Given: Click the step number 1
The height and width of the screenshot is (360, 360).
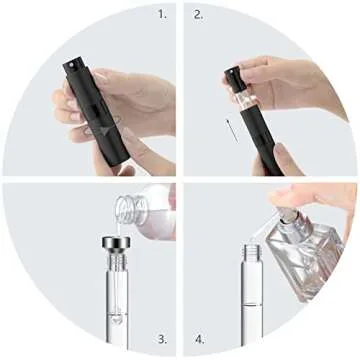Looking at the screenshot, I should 162,16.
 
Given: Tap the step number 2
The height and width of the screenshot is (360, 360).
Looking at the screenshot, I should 198,16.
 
